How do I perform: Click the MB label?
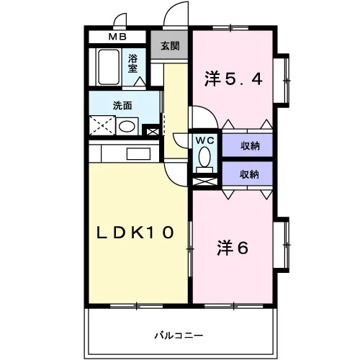(x=117, y=37)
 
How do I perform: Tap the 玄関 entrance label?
(x=170, y=45)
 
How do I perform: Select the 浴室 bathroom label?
(x=132, y=63)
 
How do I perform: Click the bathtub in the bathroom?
(x=109, y=67)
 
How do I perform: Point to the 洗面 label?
(x=122, y=106)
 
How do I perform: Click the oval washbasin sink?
(x=127, y=127)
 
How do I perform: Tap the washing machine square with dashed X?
(x=102, y=125)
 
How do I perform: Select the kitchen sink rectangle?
(x=138, y=154)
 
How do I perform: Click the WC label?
(x=204, y=140)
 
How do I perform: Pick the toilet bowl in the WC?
(x=204, y=157)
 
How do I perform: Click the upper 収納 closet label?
(x=251, y=146)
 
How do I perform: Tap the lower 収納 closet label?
(x=250, y=174)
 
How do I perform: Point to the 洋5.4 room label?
(x=233, y=79)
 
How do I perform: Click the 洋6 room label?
(x=233, y=248)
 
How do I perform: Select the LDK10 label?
(x=135, y=233)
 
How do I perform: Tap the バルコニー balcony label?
(x=179, y=336)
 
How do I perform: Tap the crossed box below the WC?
(x=205, y=181)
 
